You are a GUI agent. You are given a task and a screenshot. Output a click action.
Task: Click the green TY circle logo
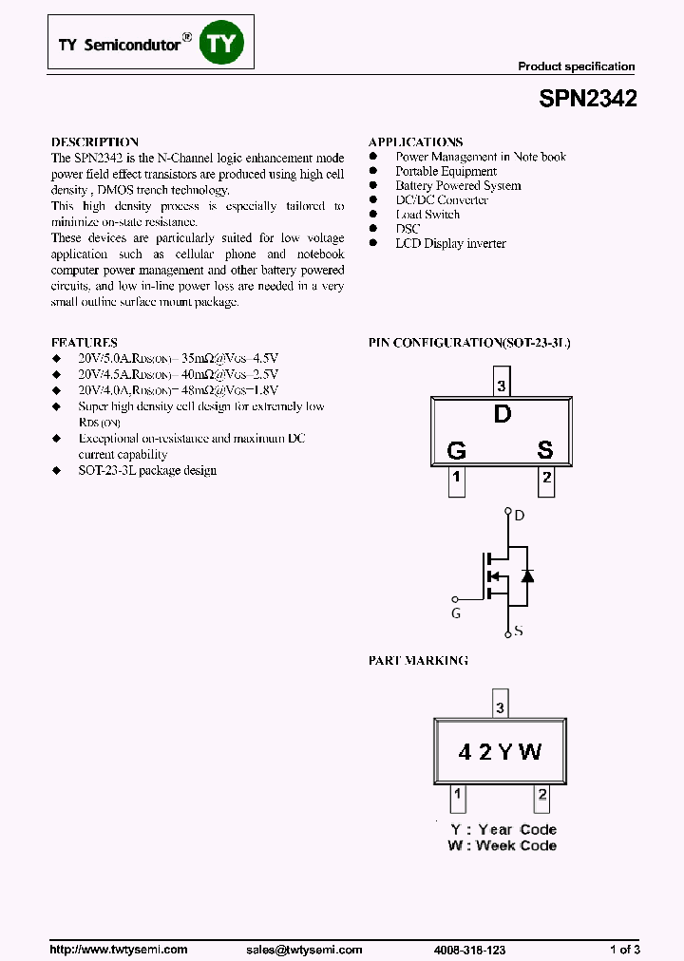222,43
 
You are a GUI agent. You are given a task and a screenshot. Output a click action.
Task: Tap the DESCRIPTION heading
94,141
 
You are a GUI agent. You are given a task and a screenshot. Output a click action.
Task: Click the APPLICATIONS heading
415,141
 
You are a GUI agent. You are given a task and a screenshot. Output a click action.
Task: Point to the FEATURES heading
84,342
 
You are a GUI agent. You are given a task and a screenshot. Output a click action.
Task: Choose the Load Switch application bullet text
427,215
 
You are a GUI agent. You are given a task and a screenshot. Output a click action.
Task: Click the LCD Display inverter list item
450,244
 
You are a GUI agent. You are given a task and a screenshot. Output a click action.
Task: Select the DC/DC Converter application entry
442,200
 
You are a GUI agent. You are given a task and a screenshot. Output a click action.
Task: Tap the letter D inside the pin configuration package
502,415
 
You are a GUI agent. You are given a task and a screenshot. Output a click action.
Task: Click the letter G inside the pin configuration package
456,450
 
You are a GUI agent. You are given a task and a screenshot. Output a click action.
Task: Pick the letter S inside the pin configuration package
545,450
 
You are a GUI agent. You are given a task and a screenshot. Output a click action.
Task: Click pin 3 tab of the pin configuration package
502,386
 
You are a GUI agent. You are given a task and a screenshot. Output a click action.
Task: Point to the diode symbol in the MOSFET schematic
528,575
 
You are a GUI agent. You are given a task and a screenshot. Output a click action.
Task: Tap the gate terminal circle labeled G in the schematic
454,599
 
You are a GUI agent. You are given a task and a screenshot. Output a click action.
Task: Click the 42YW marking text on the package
500,752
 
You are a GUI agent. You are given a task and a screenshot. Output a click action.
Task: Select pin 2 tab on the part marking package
542,796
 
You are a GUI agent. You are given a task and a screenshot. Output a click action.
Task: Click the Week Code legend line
503,845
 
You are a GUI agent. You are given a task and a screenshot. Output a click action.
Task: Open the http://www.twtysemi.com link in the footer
118,950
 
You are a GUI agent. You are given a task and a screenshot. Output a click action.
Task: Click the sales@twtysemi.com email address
304,950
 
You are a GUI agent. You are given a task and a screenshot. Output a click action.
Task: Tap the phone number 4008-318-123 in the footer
468,950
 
